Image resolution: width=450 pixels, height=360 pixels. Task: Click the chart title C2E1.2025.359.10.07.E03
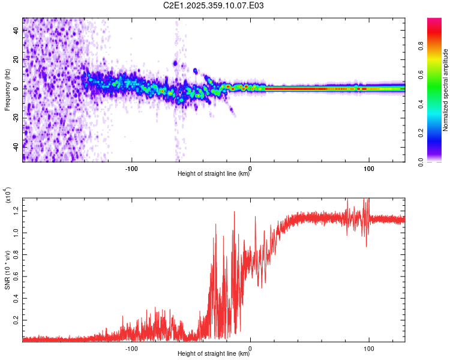click(214, 5)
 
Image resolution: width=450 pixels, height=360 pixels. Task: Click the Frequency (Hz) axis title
click(7, 90)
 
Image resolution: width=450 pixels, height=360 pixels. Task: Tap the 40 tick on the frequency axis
click(16, 31)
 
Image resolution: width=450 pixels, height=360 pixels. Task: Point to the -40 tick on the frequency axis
click(16, 146)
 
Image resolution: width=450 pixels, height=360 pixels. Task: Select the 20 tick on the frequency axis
click(16, 59)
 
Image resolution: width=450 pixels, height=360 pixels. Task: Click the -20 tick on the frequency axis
click(16, 117)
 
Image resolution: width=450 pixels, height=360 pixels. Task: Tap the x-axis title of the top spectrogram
click(214, 174)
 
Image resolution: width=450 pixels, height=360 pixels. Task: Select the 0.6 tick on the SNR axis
click(16, 275)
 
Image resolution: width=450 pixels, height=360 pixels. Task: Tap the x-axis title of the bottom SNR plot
click(214, 354)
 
